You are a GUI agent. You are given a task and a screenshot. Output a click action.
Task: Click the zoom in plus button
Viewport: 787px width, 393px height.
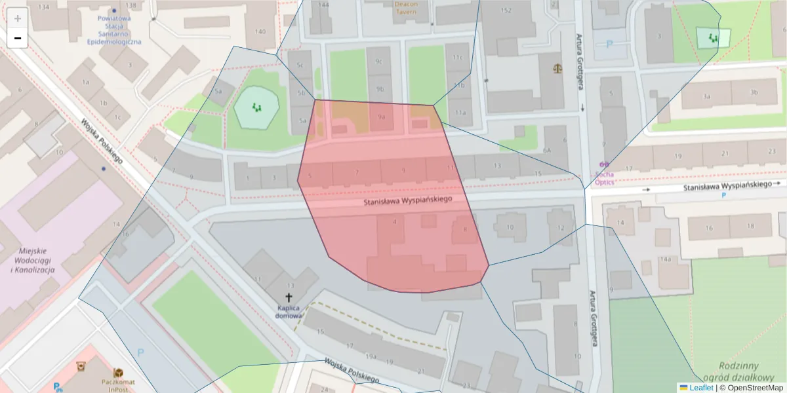[18, 18]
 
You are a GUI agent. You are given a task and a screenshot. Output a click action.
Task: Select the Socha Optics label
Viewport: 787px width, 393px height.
[604, 179]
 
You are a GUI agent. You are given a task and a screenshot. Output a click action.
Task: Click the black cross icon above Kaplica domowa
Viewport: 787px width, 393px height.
[289, 297]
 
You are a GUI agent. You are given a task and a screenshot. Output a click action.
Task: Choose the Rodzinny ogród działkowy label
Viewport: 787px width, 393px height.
[738, 371]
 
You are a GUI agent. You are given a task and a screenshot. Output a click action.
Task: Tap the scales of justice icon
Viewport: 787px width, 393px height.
[558, 67]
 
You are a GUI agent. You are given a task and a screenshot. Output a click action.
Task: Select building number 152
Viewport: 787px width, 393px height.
[506, 10]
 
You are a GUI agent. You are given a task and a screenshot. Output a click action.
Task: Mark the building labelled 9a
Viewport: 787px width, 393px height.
[380, 117]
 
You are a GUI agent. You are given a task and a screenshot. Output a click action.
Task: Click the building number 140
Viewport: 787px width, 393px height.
[260, 31]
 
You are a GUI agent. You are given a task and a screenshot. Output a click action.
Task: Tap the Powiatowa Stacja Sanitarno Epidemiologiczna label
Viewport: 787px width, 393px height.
[114, 30]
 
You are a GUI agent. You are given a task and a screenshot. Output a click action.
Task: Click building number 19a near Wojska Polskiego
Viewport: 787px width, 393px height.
[371, 356]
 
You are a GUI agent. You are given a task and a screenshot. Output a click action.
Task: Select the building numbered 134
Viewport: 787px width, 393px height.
[45, 7]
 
